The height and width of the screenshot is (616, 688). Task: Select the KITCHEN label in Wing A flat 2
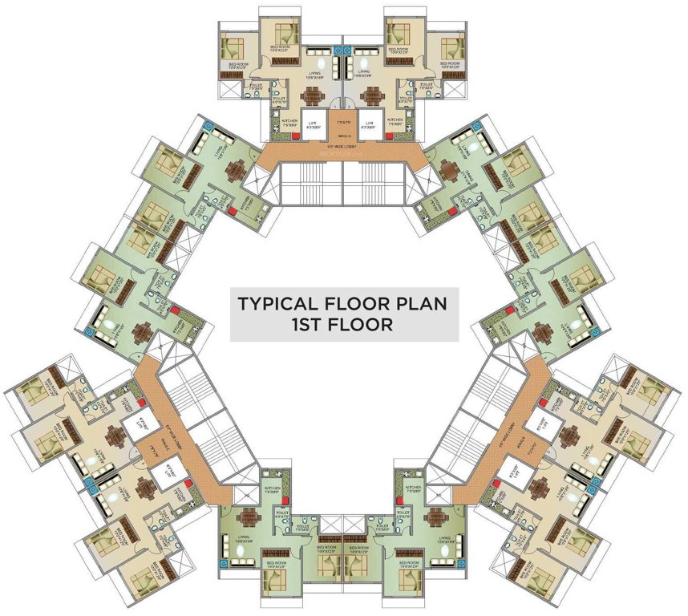tap(399, 120)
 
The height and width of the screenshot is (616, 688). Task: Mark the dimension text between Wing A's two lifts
tap(344, 122)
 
